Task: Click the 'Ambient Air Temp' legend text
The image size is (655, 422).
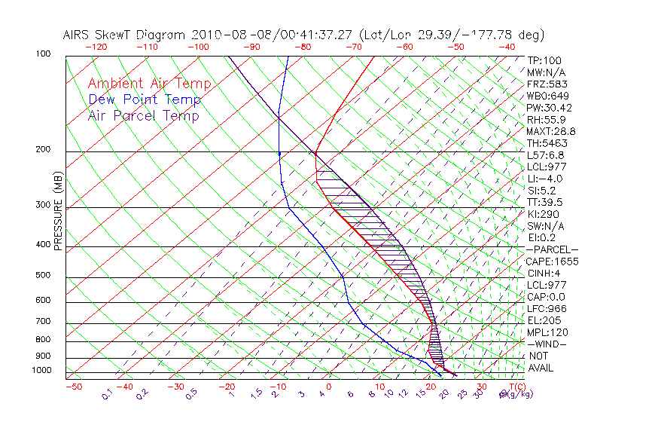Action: [x=149, y=84]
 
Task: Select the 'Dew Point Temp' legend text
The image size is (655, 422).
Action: [x=145, y=99]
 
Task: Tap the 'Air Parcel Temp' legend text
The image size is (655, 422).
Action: [x=143, y=115]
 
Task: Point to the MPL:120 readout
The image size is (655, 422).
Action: [x=547, y=332]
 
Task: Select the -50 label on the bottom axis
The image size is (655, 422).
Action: [x=73, y=387]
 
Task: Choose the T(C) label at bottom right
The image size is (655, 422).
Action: [x=516, y=386]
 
